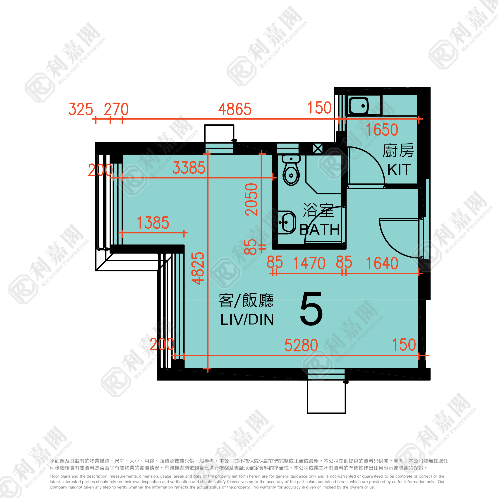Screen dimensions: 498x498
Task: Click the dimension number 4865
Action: [x=235, y=109]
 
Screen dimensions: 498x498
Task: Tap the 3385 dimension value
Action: [x=189, y=168]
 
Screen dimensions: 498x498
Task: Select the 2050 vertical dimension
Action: [x=251, y=199]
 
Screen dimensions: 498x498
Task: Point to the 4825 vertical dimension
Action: [x=198, y=268]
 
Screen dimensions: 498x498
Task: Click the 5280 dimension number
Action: [x=301, y=345]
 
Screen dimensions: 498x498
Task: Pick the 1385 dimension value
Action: [x=153, y=223]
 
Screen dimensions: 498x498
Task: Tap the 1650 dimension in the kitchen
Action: [x=382, y=130]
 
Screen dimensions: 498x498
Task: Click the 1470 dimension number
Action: [x=309, y=263]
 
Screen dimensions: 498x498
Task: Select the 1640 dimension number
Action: [x=382, y=263]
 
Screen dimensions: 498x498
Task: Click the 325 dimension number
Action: [x=81, y=109]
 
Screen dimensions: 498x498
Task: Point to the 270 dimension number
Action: [x=116, y=109]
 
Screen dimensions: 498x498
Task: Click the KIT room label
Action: [x=399, y=170]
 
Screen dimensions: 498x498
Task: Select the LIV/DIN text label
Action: [x=247, y=320]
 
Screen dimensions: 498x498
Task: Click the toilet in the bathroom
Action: [x=291, y=170]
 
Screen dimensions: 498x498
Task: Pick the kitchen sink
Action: [x=359, y=105]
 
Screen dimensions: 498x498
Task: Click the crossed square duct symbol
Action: [x=318, y=149]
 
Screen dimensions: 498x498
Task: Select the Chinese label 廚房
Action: [x=398, y=151]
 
